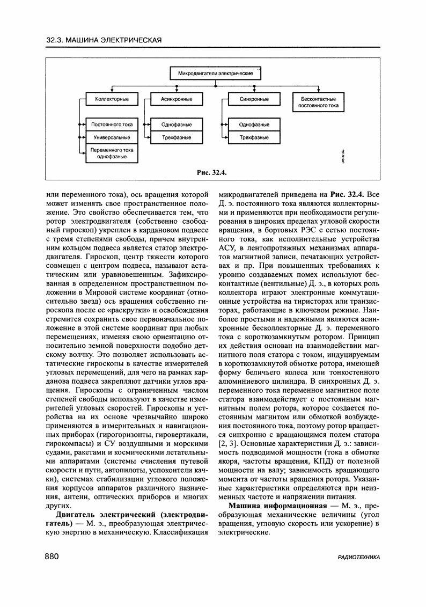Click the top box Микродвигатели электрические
(216, 72)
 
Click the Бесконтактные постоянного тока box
(318, 102)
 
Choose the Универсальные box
(112, 137)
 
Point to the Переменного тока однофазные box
(112, 153)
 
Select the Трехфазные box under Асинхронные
(177, 137)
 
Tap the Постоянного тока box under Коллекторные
(112, 125)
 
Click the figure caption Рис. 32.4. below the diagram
(213, 172)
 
